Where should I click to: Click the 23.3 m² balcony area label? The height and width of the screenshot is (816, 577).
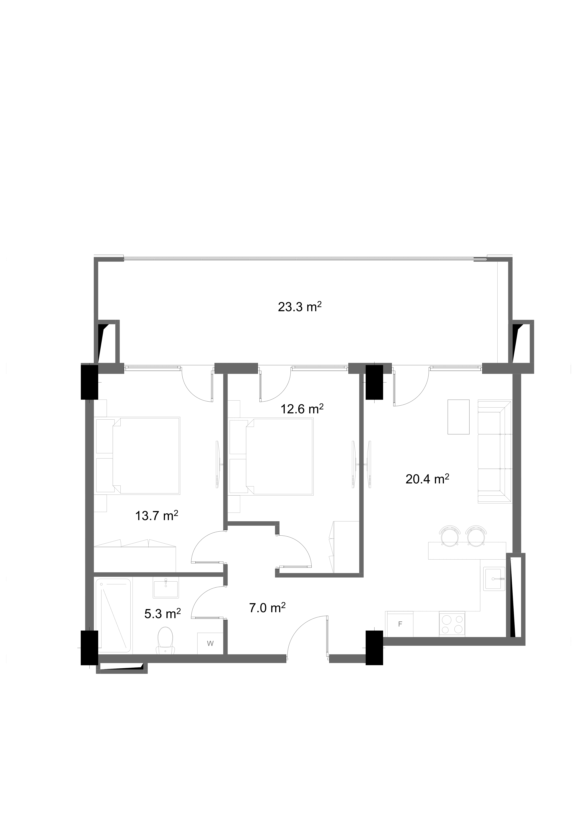[300, 306]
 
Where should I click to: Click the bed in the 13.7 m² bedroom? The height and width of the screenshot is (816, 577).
[138, 456]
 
